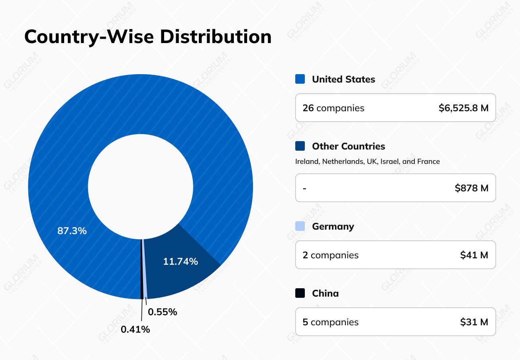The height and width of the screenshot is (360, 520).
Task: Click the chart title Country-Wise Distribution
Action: [148, 37]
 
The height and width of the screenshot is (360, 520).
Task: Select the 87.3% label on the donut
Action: [72, 231]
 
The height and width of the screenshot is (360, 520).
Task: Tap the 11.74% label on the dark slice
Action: [180, 262]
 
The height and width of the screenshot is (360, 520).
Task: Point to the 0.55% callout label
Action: [162, 312]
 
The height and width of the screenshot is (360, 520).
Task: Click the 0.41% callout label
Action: [135, 330]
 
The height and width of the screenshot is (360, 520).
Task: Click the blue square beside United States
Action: [300, 79]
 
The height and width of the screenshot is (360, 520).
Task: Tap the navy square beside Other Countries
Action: [300, 146]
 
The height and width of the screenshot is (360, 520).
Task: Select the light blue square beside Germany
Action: [300, 226]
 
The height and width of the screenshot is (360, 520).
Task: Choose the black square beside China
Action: [300, 293]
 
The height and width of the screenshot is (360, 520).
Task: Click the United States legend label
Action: [343, 79]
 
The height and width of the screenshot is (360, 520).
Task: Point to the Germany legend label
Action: [333, 226]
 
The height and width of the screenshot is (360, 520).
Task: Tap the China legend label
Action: [325, 293]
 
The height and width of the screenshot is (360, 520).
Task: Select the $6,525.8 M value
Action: [463, 108]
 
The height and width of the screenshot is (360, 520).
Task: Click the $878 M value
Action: [471, 188]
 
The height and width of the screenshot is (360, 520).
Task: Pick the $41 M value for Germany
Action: [474, 255]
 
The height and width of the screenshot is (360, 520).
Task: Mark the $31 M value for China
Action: [474, 322]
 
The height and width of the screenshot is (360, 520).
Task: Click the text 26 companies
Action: [333, 108]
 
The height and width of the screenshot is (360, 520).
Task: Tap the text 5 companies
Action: [330, 322]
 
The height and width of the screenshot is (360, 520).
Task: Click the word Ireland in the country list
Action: [307, 161]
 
